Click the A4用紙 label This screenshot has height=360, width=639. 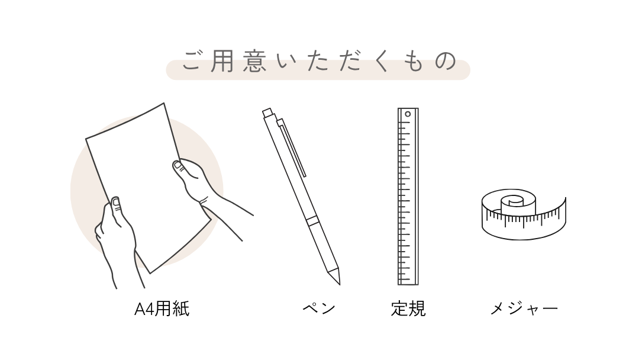(162, 308)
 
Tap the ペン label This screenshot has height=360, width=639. (319, 308)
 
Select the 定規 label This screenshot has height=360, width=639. (408, 308)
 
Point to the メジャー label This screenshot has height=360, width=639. (524, 308)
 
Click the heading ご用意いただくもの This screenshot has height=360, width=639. (319, 61)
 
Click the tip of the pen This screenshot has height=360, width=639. (339, 284)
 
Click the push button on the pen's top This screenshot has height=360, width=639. (267, 112)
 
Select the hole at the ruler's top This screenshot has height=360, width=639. (408, 114)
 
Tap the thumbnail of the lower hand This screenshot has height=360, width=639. (116, 202)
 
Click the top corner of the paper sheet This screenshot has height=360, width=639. (164, 103)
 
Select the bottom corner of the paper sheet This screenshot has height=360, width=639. (150, 273)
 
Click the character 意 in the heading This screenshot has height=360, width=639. (255, 61)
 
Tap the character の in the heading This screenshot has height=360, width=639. (446, 61)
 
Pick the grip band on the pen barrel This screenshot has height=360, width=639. (312, 221)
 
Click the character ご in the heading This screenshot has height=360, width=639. (192, 61)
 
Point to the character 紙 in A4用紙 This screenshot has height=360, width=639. (181, 308)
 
